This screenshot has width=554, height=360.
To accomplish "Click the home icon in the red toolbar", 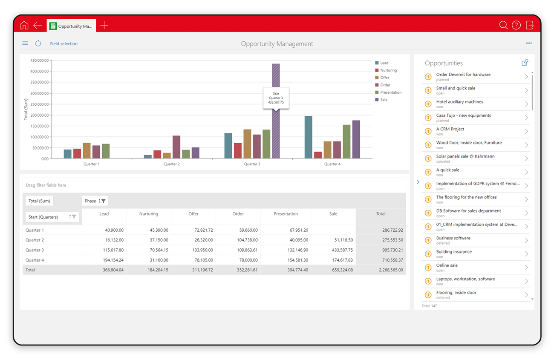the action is click(x=24, y=25).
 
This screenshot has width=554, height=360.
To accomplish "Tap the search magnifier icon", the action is click(x=503, y=25).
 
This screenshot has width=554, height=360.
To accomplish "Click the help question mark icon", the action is click(x=516, y=25).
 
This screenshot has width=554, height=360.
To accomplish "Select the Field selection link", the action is click(x=64, y=43).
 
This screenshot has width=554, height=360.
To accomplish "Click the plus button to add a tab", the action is click(x=104, y=25).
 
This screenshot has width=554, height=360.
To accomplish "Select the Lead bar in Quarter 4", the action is click(x=309, y=137).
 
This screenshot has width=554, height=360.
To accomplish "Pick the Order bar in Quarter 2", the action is click(x=176, y=147).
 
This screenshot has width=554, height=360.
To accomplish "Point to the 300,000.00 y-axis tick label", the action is click(x=40, y=93).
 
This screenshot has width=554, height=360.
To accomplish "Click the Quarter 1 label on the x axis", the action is click(x=92, y=164).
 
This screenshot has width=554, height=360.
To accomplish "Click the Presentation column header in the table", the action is click(x=286, y=214).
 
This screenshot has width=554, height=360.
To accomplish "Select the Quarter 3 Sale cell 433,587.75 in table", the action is click(x=342, y=250).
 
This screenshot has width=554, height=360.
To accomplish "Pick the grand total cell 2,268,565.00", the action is click(x=391, y=270).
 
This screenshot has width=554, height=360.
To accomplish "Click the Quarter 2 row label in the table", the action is click(x=35, y=240).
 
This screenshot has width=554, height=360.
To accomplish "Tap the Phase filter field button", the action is click(x=95, y=201).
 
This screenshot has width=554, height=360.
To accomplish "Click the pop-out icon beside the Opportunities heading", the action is click(x=525, y=63).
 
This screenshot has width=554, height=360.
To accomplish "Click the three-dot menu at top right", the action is click(x=529, y=43).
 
